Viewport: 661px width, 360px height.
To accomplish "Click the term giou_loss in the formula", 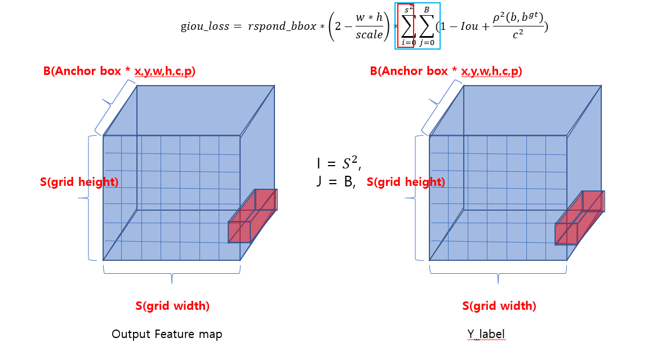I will pyautogui.click(x=205, y=27).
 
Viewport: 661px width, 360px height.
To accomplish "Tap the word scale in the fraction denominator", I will pyautogui.click(x=369, y=35).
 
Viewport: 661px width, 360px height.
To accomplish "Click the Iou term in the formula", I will pyautogui.click(x=469, y=26).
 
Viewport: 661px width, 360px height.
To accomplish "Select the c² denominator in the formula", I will pyautogui.click(x=518, y=34).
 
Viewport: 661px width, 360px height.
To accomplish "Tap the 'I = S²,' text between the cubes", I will pyautogui.click(x=338, y=165).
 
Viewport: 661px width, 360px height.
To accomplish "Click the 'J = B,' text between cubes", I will pyautogui.click(x=336, y=182).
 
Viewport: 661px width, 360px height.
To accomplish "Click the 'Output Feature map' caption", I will pyautogui.click(x=167, y=334).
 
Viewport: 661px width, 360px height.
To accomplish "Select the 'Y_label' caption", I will pyautogui.click(x=486, y=334).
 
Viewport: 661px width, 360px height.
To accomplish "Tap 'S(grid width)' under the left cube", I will pyautogui.click(x=172, y=306).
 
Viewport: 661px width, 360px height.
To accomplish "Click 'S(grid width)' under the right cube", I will pyautogui.click(x=499, y=306).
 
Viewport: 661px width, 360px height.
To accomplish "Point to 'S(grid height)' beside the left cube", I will pyautogui.click(x=79, y=182).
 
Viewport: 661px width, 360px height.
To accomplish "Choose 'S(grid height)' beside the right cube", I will pyautogui.click(x=406, y=182).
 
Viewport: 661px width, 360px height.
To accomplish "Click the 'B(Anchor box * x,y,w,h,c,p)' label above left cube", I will pyautogui.click(x=119, y=72).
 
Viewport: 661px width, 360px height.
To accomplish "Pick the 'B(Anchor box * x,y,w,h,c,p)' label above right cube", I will pyautogui.click(x=446, y=72).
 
